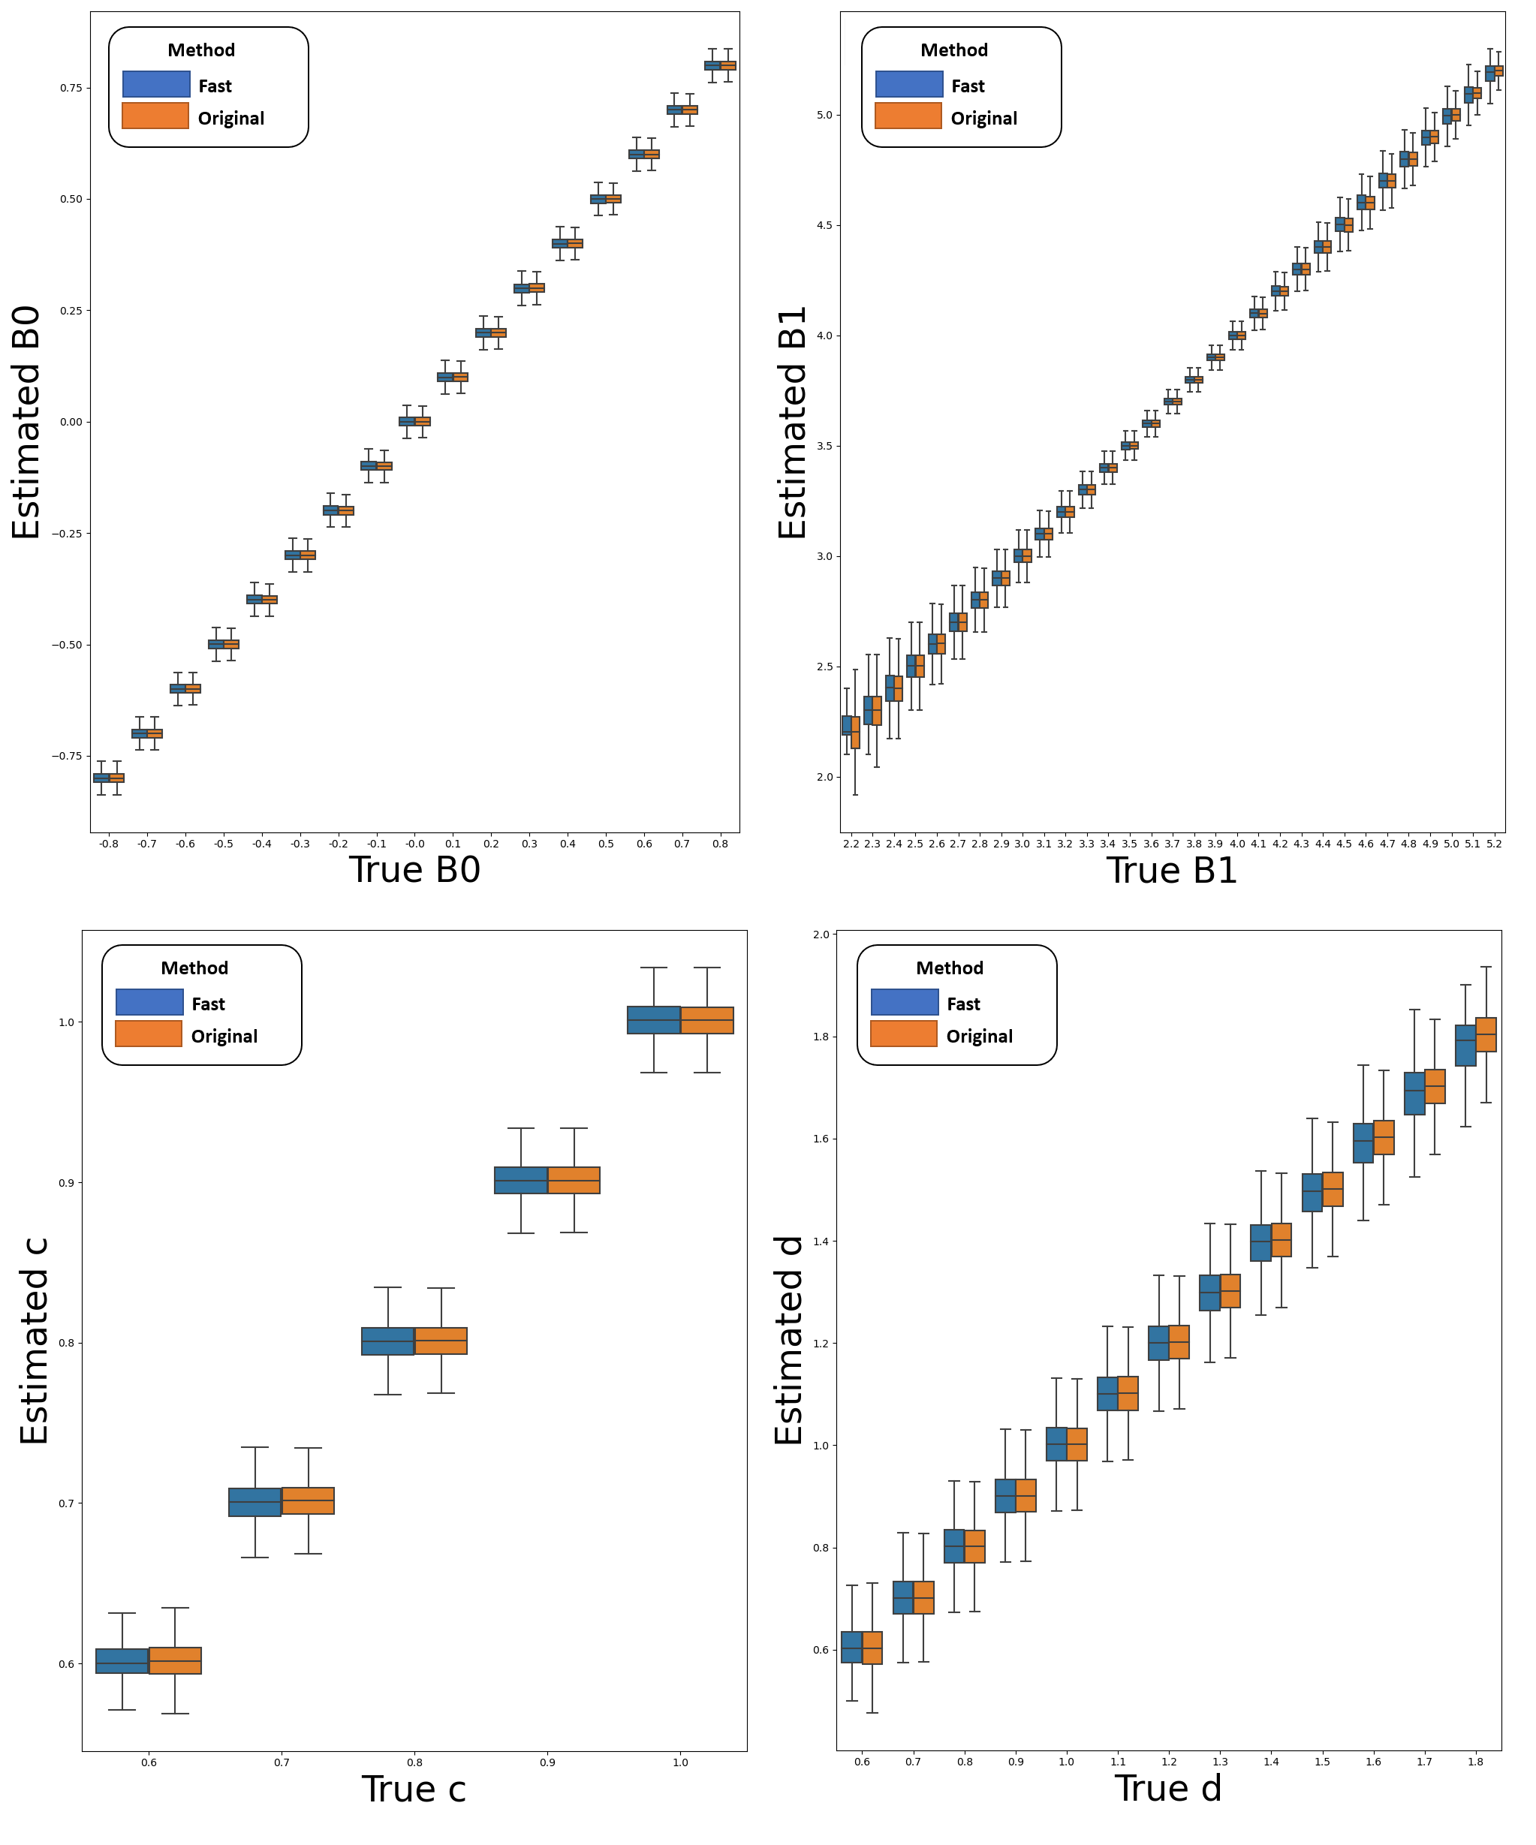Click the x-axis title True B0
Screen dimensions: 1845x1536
pos(414,870)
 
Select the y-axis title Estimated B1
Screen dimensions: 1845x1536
pos(793,423)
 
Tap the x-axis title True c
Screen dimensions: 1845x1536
pos(413,1789)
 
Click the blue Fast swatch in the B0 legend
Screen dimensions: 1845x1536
pos(156,84)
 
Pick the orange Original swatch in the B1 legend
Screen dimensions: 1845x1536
pos(908,116)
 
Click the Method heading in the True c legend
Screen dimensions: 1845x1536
pos(194,968)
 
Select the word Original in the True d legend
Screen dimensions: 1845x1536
pos(979,1036)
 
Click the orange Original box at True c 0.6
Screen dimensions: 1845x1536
pos(175,1660)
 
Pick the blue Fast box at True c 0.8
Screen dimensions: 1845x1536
pos(387,1341)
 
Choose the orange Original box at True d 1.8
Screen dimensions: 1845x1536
pos(1485,1034)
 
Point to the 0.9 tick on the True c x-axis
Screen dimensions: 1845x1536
pos(547,1762)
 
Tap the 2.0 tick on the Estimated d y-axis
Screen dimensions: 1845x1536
pos(821,934)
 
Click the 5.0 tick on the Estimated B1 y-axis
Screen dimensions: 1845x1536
pos(824,115)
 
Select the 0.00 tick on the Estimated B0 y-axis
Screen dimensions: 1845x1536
pos(71,422)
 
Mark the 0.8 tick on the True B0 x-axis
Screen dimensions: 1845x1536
pos(720,844)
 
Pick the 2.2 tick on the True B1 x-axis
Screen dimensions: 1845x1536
pos(851,844)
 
